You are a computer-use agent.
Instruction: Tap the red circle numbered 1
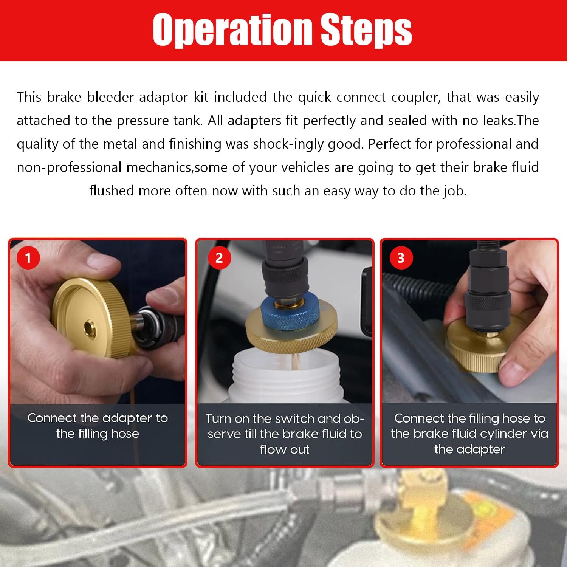click(x=28, y=258)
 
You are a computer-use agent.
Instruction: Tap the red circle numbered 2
click(x=219, y=258)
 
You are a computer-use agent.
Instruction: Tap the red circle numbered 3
click(x=401, y=258)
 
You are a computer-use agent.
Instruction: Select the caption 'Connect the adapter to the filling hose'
click(x=98, y=426)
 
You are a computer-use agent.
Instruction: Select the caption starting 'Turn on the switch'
click(x=285, y=434)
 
